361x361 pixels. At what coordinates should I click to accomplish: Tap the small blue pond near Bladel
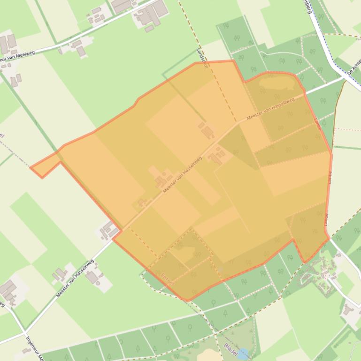pos(243,354)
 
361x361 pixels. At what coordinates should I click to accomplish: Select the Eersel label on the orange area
pos(168,279)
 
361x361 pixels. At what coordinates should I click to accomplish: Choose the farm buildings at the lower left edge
pos(8,291)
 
